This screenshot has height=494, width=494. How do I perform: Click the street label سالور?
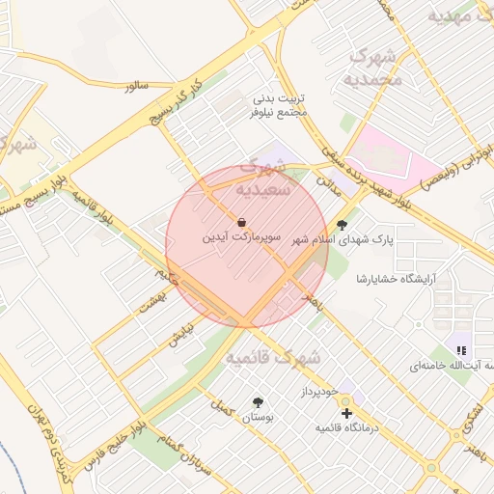(x=136, y=86)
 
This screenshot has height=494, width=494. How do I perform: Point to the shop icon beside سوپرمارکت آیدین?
(x=240, y=222)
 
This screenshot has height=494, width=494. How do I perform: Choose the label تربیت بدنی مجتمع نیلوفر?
(x=280, y=105)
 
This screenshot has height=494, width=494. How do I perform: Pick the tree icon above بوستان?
(x=258, y=402)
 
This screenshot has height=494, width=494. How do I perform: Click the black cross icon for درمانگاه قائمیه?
(x=347, y=413)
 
